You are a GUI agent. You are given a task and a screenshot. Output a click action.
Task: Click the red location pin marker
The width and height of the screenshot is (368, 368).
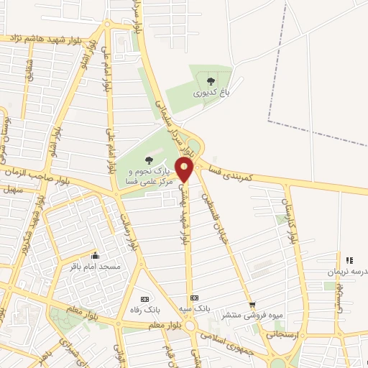coord(185,170)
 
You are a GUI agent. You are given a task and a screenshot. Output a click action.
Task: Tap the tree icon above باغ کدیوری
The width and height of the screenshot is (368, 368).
coord(211,81)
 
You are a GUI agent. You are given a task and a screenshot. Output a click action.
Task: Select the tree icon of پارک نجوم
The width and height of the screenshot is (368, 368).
coord(149,160)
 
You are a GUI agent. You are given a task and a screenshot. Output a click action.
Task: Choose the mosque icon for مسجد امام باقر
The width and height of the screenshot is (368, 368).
coord(94,255)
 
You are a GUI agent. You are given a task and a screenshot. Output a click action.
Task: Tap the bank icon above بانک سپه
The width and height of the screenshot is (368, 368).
coord(193,298)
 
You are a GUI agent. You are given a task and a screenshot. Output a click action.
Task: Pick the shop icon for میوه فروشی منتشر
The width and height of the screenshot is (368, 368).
coord(252,305)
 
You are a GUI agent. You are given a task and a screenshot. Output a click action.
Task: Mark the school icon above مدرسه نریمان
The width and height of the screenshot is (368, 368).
coord(349,260)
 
